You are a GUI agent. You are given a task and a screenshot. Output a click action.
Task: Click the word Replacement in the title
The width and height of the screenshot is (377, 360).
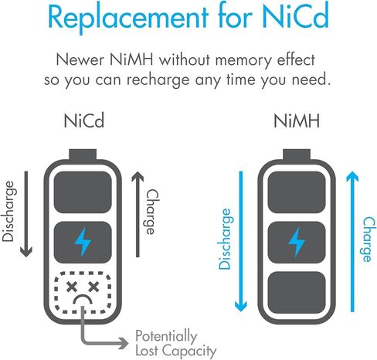128,18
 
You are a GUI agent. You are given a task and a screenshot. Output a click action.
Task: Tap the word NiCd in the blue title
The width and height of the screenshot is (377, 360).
295,16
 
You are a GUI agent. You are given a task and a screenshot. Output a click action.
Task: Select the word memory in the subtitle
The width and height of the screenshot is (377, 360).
243,61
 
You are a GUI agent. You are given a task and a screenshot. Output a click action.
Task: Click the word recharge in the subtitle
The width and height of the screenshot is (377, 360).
158,80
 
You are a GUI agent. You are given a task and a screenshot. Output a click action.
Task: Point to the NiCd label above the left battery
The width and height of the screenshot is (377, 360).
84,121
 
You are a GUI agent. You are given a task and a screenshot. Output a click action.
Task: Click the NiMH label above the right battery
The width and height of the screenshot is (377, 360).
297,121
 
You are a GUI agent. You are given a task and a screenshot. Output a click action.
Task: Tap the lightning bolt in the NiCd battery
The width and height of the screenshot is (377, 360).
83,243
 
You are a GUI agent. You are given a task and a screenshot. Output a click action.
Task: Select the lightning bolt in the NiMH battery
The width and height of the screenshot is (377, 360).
297,243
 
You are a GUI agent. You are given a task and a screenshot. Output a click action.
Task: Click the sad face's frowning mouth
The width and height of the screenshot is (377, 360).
83,300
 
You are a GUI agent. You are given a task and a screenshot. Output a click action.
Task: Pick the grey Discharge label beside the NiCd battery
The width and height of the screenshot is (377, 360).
8,211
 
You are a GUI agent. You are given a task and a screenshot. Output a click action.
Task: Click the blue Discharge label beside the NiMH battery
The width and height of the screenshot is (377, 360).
225,239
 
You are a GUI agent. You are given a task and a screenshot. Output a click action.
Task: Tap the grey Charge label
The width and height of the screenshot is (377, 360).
153,212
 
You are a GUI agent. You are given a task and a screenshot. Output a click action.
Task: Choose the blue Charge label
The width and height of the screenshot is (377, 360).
369,239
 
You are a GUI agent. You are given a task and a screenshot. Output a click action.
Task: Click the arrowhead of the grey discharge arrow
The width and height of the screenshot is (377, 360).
26,252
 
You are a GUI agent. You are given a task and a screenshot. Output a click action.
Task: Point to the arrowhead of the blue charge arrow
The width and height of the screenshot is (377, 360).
352,177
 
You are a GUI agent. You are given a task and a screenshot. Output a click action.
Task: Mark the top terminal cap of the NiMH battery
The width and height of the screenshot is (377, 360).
297,155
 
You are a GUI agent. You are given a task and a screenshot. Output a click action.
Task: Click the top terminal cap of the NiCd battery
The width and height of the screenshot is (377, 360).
83,155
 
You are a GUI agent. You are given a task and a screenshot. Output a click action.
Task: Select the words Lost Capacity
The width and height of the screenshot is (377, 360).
176,351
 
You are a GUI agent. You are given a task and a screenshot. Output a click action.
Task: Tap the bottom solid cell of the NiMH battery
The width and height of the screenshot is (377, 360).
297,292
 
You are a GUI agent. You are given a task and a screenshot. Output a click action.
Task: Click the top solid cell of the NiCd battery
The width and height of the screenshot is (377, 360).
83,192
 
